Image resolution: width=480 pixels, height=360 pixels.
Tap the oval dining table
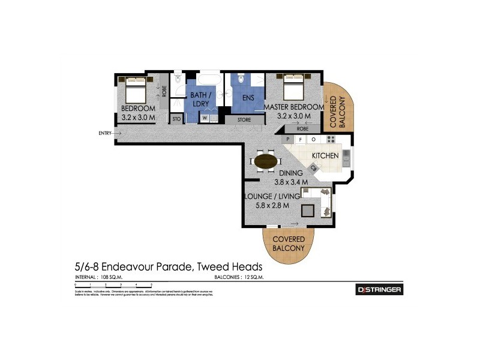tap(266, 161)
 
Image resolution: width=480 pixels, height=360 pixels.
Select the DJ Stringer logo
tap(379, 290)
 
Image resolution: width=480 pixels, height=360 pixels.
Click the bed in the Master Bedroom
tap(293, 89)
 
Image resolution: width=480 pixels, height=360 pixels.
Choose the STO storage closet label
tap(176, 119)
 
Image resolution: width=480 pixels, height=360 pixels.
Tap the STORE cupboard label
tap(243, 119)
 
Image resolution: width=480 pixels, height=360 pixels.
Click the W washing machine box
tap(205, 118)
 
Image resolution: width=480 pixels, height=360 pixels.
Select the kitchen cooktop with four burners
tap(331, 139)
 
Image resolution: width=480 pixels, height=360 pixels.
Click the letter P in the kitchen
tap(288, 139)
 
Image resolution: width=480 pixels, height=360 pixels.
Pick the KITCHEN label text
tap(325, 156)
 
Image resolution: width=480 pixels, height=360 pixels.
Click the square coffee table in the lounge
tap(308, 210)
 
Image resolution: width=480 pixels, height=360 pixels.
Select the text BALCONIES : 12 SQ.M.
tap(239, 278)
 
